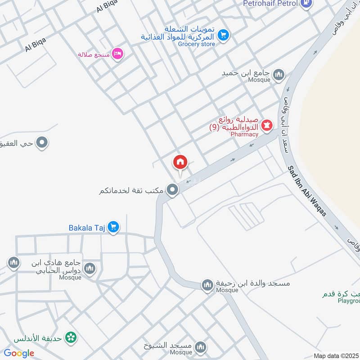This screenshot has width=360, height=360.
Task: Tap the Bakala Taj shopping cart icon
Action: pyautogui.click(x=113, y=227)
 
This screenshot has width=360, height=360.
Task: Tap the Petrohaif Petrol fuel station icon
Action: pyautogui.click(x=307, y=4)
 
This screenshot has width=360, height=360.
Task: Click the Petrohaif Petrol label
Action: pyautogui.click(x=270, y=4)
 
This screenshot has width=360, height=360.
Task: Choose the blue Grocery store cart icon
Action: pyautogui.click(x=222, y=34)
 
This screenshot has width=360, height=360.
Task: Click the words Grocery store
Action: pyautogui.click(x=197, y=44)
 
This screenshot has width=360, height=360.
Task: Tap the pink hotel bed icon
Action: pyautogui.click(x=118, y=54)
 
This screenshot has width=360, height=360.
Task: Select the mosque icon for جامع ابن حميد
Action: pyautogui.click(x=279, y=74)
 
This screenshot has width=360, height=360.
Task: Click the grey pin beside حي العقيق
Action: pyautogui.click(x=42, y=143)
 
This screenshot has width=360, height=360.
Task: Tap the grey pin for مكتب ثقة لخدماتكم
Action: pyautogui.click(x=172, y=190)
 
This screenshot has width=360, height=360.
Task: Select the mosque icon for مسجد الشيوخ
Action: pyautogui.click(x=201, y=347)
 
